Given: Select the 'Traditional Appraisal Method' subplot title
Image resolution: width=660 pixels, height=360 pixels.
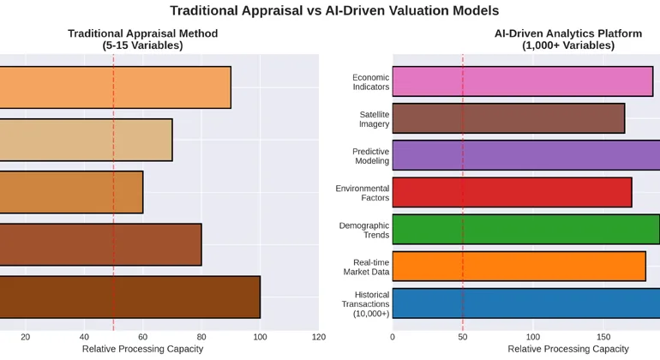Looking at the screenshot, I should click(142, 39).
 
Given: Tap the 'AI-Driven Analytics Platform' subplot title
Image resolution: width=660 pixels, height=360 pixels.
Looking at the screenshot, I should click(567, 39).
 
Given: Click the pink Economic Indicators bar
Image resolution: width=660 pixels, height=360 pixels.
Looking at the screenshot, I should click(522, 81).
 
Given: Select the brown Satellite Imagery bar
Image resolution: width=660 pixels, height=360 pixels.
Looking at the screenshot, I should click(508, 118).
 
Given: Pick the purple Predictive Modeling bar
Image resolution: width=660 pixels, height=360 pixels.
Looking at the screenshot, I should click(525, 155).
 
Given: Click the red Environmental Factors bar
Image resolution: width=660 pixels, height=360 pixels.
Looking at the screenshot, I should click(512, 192).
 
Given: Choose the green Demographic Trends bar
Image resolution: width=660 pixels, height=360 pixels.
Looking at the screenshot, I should click(525, 229).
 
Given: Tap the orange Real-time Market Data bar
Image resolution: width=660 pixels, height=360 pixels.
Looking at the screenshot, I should click(519, 266).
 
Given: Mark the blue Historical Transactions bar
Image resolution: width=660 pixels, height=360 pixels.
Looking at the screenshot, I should click(525, 303).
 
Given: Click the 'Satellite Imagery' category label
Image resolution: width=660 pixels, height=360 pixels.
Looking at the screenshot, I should click(374, 119).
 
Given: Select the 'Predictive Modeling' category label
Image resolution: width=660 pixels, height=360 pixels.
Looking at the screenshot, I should click(370, 156).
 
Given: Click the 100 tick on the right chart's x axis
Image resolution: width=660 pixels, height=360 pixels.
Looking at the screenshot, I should click(533, 338).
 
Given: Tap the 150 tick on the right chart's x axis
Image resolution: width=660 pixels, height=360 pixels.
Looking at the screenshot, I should click(603, 338).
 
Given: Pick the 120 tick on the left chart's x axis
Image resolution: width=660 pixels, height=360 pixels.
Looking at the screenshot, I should click(319, 338).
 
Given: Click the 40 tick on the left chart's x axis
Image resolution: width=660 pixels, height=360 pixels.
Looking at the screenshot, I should click(84, 338).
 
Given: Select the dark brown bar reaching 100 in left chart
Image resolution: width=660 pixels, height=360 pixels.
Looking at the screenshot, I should click(129, 297).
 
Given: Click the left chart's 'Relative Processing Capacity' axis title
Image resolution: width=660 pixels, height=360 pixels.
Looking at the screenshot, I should click(142, 350).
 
